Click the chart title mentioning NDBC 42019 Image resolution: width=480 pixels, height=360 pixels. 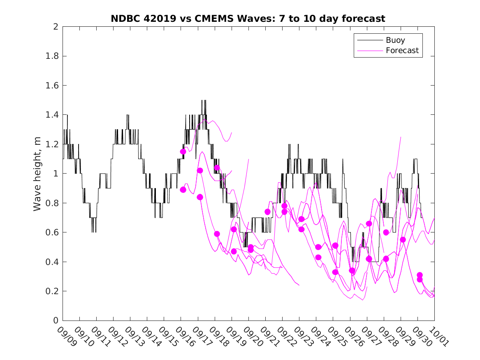pyautogui.click(x=248, y=19)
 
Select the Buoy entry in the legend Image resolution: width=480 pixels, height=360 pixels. pyautogui.click(x=395, y=40)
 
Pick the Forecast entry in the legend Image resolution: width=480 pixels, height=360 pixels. pyautogui.click(x=402, y=51)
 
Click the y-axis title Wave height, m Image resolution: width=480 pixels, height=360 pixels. pyautogui.click(x=37, y=174)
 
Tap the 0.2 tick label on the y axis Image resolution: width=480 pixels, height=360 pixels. pyautogui.click(x=52, y=291)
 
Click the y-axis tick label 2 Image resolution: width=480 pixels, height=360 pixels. pyautogui.click(x=55, y=27)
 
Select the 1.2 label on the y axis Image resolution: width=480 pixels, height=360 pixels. pyautogui.click(x=52, y=144)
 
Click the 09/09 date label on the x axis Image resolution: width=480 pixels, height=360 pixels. pyautogui.click(x=67, y=336)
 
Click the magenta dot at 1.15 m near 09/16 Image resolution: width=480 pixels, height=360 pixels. pyautogui.click(x=183, y=151)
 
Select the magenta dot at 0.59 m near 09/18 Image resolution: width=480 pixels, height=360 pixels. pyautogui.click(x=217, y=234)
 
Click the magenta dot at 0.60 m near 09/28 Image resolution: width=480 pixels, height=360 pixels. pyautogui.click(x=386, y=232)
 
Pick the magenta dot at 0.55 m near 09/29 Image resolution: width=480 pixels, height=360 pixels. pyautogui.click(x=403, y=239)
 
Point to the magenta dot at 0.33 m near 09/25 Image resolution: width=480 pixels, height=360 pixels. pyautogui.click(x=335, y=272)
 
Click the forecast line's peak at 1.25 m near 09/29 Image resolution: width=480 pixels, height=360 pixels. pyautogui.click(x=401, y=137)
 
